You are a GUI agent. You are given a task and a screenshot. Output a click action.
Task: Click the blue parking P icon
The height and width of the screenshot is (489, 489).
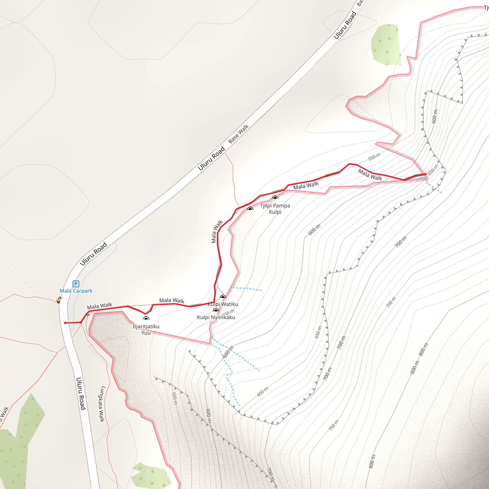point(76,284)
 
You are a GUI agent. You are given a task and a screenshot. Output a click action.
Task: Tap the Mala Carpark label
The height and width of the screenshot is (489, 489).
point(76,291)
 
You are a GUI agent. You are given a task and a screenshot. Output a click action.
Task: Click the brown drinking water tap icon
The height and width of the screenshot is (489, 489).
point(59,300)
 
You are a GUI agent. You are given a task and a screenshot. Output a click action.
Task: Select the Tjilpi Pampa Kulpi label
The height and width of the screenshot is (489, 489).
point(275,209)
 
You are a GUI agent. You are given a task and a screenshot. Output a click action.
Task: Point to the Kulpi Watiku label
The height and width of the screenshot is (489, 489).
point(223,304)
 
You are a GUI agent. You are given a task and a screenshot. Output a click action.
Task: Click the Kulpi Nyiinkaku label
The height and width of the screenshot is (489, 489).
point(216,317)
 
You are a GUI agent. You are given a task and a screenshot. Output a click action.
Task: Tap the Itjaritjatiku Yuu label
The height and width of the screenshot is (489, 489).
point(146,330)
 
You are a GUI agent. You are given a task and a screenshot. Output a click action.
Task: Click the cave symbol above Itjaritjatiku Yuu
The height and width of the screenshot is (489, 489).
point(146,318)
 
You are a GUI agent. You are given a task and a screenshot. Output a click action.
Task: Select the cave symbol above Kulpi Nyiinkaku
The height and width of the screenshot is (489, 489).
point(216,310)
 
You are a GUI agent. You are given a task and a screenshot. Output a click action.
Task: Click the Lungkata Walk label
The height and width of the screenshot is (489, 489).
point(101,404)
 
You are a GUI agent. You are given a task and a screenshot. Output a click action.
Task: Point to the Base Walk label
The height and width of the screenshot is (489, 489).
point(239,134)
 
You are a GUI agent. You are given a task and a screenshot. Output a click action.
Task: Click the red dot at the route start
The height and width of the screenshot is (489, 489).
point(65,323)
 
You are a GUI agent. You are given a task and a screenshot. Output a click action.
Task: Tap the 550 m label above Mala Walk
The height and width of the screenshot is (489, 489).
point(374,157)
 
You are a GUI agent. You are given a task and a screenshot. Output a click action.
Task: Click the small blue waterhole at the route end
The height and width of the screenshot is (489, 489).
point(421,178)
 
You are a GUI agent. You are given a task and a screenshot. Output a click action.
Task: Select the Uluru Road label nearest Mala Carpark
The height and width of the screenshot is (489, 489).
point(93,254)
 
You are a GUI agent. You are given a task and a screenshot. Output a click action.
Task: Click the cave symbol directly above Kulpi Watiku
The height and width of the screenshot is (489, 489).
point(223,297)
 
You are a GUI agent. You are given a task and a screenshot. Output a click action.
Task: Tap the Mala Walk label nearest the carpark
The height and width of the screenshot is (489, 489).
point(100,306)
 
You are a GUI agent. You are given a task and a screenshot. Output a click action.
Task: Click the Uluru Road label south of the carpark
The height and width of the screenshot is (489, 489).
point(81,393)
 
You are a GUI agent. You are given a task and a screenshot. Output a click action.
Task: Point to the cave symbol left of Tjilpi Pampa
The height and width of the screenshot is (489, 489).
point(250,208)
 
